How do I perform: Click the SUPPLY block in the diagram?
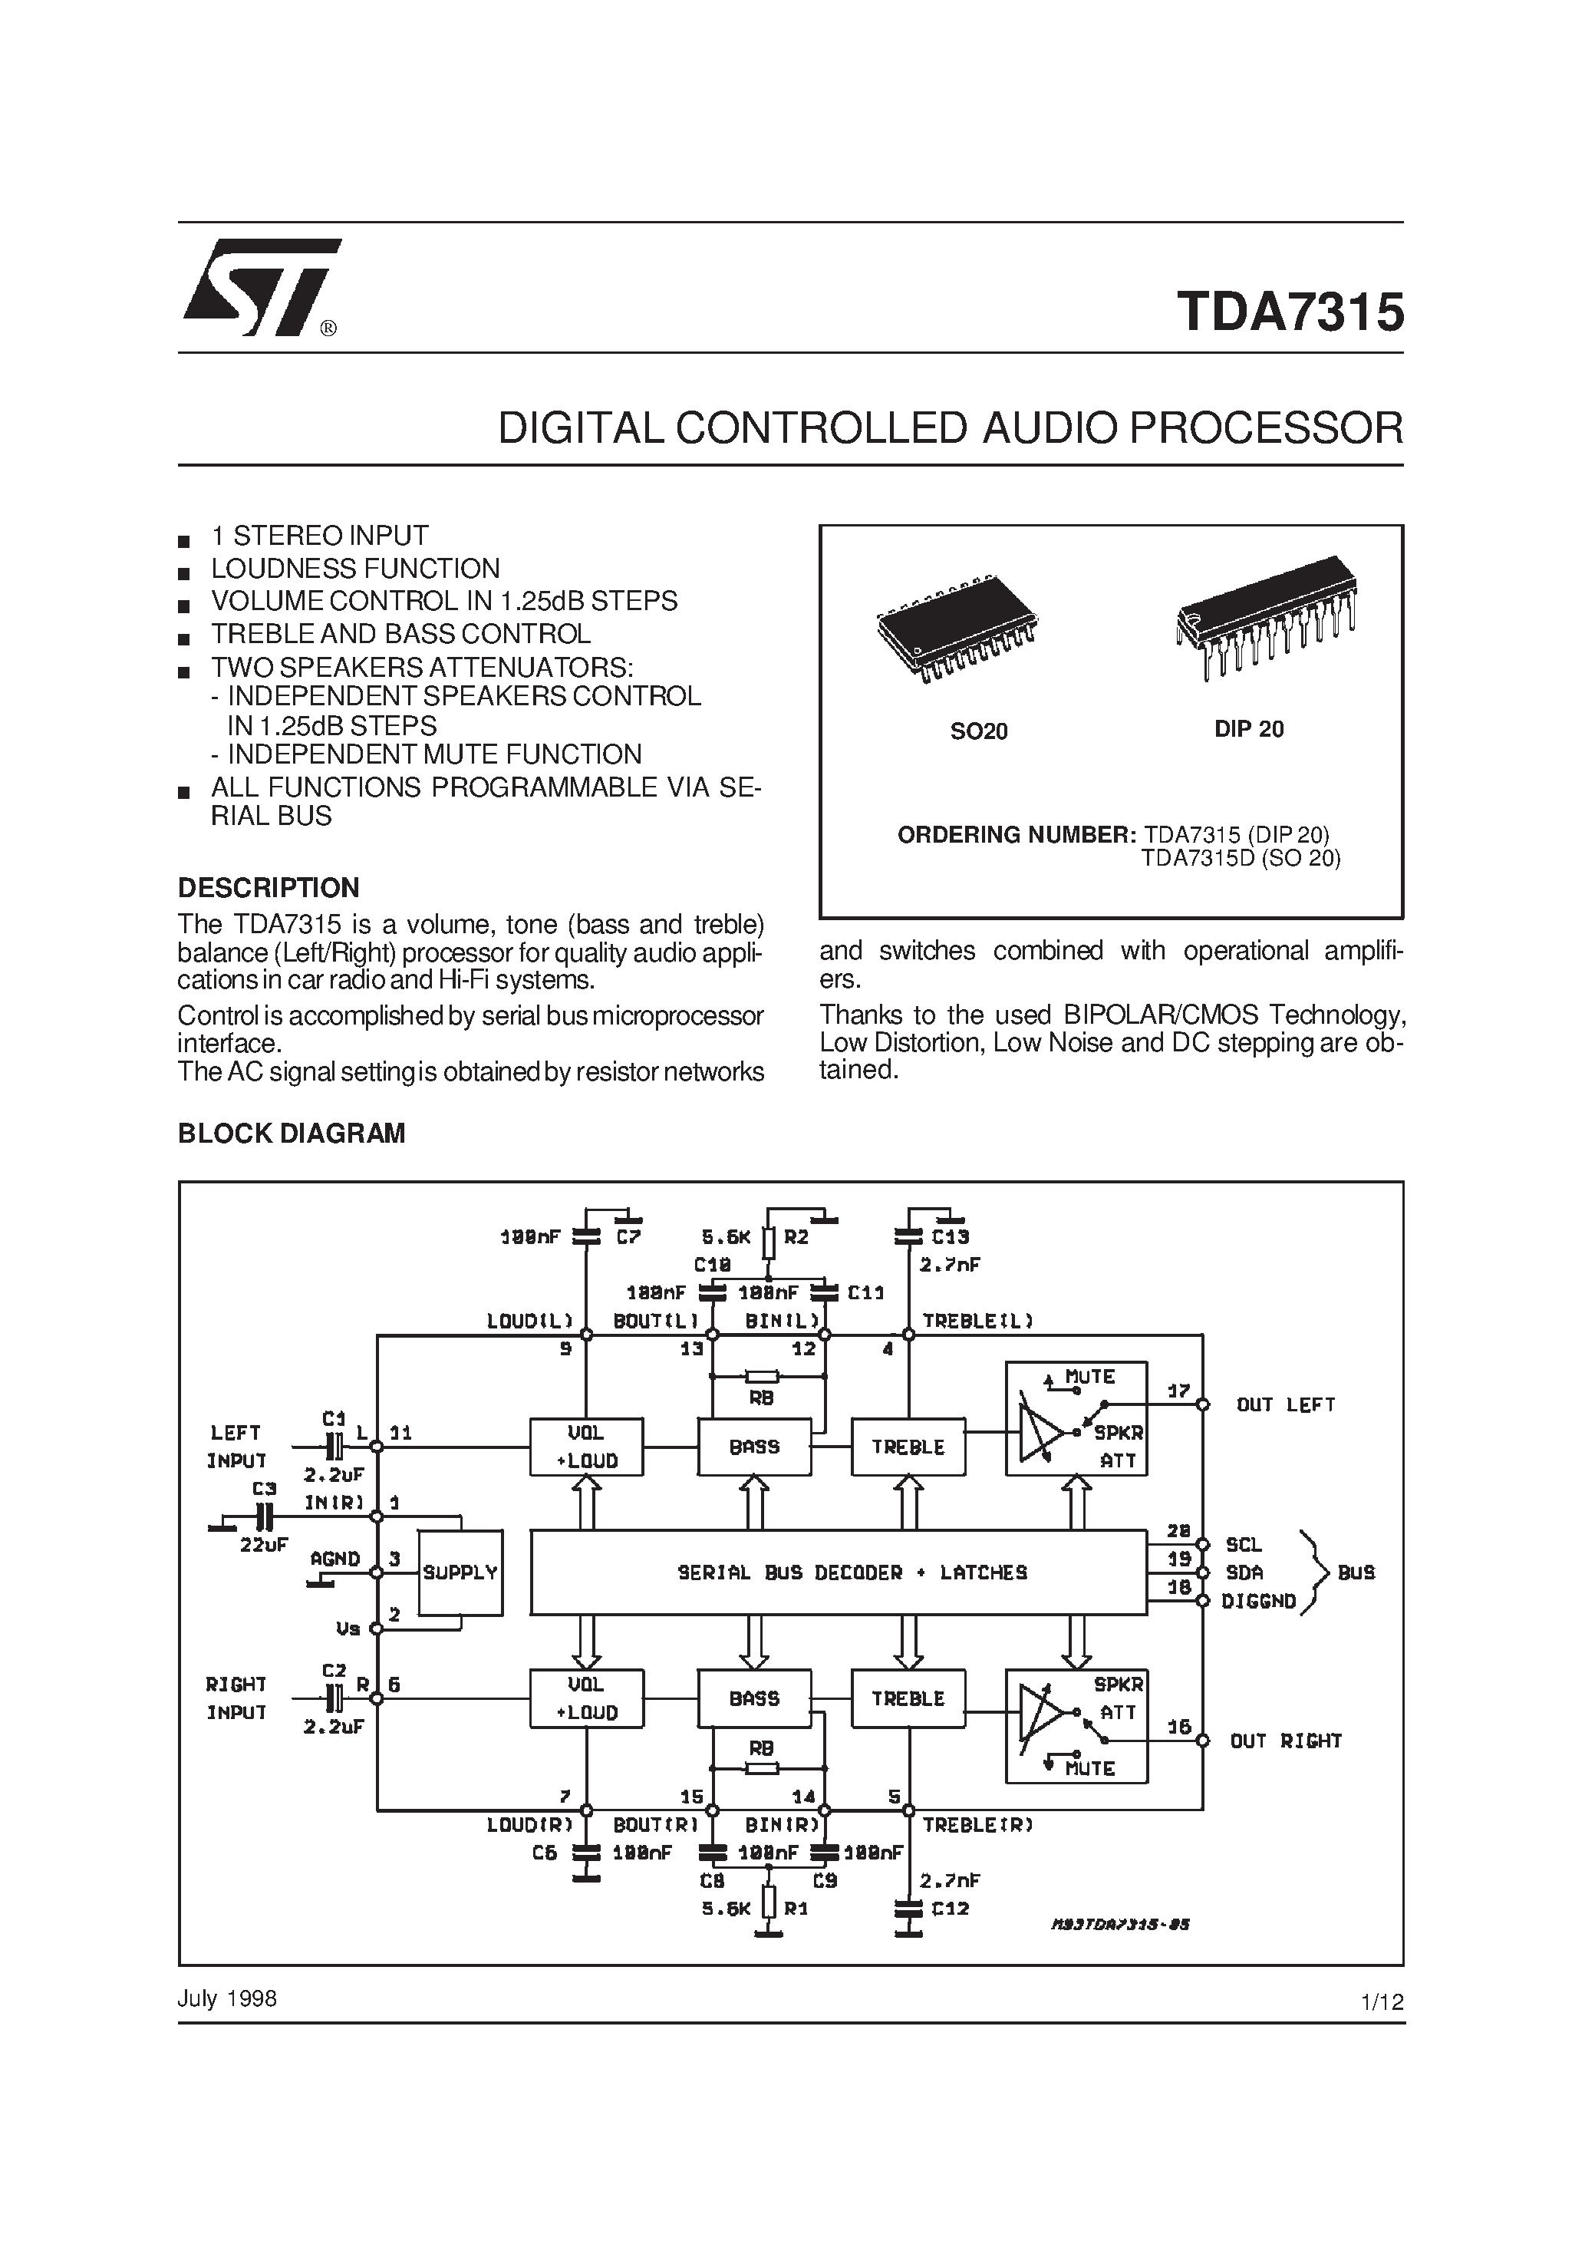tap(460, 1572)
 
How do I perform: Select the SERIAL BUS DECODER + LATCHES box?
tap(838, 1572)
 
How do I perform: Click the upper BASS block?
tap(753, 1447)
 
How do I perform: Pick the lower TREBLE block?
tap(908, 1698)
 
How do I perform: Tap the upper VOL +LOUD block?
tap(586, 1447)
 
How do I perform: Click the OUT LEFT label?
tap(1285, 1404)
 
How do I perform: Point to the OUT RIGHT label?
tap(1285, 1741)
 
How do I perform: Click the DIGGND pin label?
tap(1259, 1601)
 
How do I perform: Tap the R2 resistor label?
tap(796, 1236)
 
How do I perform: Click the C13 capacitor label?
tap(949, 1236)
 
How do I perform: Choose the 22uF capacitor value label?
tap(264, 1544)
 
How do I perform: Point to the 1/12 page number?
tap(1382, 2001)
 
